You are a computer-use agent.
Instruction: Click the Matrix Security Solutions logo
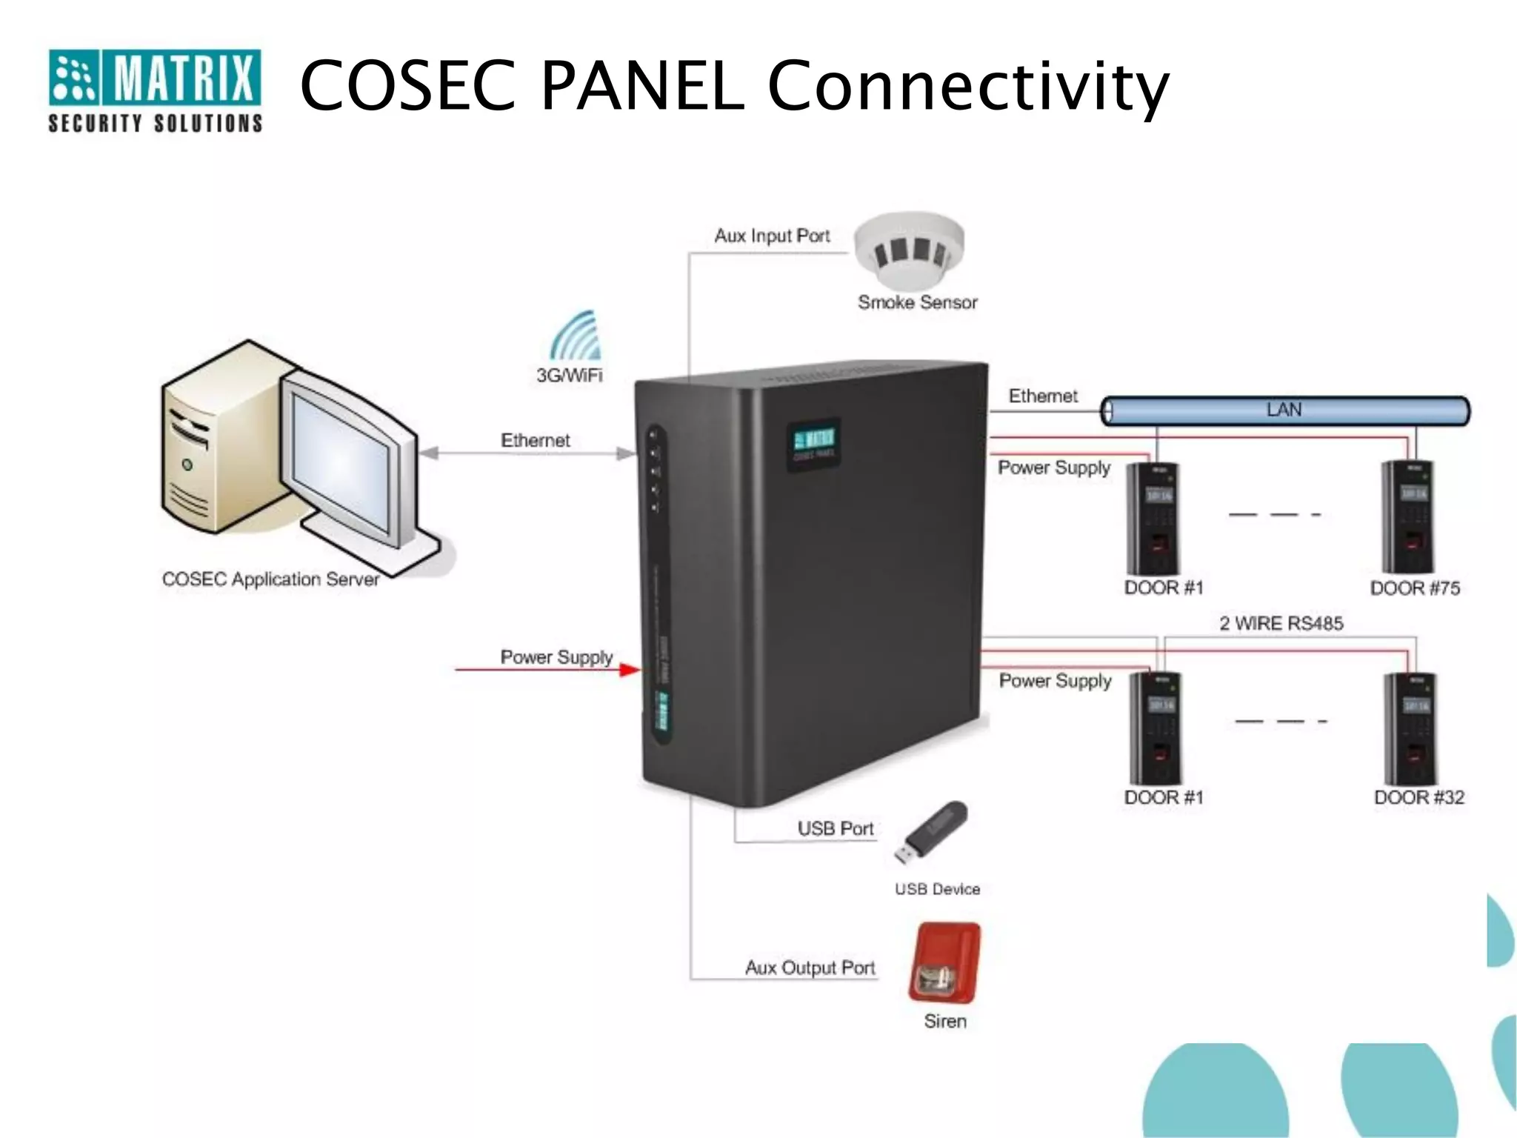pos(155,90)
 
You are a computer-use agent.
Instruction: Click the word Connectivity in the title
pos(968,87)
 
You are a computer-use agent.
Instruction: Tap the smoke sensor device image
pos(910,250)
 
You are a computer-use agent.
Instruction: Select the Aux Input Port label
pos(772,236)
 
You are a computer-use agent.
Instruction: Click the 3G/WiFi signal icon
pos(577,337)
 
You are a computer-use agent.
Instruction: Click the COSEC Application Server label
pos(270,579)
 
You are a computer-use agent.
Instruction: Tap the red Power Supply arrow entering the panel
pos(548,670)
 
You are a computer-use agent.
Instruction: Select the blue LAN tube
pos(1284,410)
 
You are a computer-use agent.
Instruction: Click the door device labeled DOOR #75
pos(1407,517)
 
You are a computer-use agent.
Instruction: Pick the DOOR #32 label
pos(1419,797)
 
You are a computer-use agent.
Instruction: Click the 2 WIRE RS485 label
pos(1281,623)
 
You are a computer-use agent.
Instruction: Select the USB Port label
pos(836,828)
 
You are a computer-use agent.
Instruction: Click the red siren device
pos(945,962)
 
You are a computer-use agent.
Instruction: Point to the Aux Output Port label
pos(810,968)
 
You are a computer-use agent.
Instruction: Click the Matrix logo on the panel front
pos(813,444)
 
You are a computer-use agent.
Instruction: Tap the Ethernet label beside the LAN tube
pos(1042,396)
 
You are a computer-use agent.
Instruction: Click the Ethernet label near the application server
pos(535,441)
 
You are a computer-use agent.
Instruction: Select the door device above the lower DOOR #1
pos(1155,728)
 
